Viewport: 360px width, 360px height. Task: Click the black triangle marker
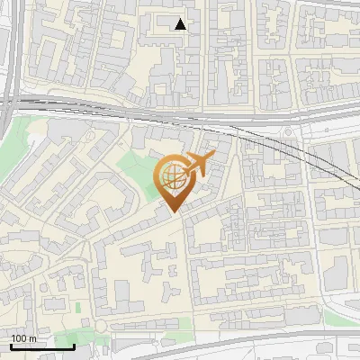point(181,24)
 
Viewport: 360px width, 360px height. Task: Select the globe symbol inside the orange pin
point(173,177)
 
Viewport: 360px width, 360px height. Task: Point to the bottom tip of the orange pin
point(173,212)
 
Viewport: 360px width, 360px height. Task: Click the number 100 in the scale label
point(19,338)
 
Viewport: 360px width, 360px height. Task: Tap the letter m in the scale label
point(32,338)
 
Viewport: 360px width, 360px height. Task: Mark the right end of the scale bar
point(74,346)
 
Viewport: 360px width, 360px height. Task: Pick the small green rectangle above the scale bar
point(79,307)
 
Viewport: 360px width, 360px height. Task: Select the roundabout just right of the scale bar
point(102,326)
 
